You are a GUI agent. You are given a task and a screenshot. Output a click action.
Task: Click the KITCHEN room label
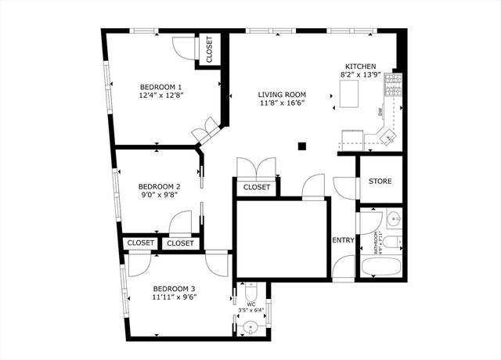pyautogui.click(x=361, y=67)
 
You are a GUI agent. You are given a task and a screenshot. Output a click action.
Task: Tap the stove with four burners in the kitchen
pyautogui.click(x=397, y=88)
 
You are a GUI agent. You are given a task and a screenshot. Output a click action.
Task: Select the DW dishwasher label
pyautogui.click(x=381, y=112)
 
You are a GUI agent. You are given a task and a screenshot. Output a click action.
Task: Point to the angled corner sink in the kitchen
pyautogui.click(x=387, y=138)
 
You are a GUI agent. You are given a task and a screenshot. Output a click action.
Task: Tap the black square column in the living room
pyautogui.click(x=302, y=144)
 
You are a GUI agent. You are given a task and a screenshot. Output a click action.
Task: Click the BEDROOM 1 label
pyautogui.click(x=160, y=87)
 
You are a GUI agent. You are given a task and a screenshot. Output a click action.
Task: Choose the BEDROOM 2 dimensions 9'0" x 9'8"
pyautogui.click(x=159, y=196)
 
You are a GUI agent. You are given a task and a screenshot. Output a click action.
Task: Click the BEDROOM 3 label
pyautogui.click(x=173, y=288)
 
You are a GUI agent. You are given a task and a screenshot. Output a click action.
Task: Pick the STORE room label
pyautogui.click(x=380, y=182)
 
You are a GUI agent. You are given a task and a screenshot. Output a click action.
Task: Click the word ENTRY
pyautogui.click(x=343, y=240)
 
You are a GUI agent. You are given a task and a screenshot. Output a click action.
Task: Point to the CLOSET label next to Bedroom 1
pyautogui.click(x=209, y=50)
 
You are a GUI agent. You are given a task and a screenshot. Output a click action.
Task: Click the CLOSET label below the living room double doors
pyautogui.click(x=257, y=188)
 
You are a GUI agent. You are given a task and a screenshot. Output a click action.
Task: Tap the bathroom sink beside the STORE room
pyautogui.click(x=392, y=218)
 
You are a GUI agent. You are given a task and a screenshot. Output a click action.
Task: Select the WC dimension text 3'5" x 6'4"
pyautogui.click(x=250, y=310)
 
